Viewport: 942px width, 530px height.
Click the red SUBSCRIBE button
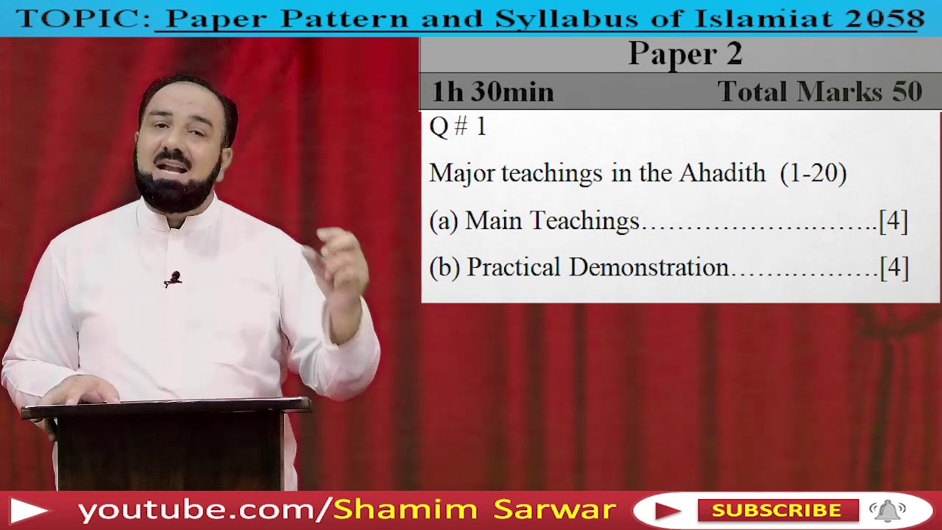(776, 510)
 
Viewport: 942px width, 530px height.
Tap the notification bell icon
(888, 510)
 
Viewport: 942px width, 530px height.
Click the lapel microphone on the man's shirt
(173, 279)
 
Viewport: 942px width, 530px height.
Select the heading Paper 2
(685, 54)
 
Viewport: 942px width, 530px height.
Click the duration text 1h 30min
(492, 92)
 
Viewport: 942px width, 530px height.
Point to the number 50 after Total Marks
(907, 92)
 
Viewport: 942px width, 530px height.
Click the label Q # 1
(458, 127)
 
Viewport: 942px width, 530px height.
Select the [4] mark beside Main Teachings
(893, 221)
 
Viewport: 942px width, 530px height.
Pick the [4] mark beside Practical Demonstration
(894, 268)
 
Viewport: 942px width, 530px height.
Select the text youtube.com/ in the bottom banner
(205, 510)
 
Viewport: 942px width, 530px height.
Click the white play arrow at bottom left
(29, 510)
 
